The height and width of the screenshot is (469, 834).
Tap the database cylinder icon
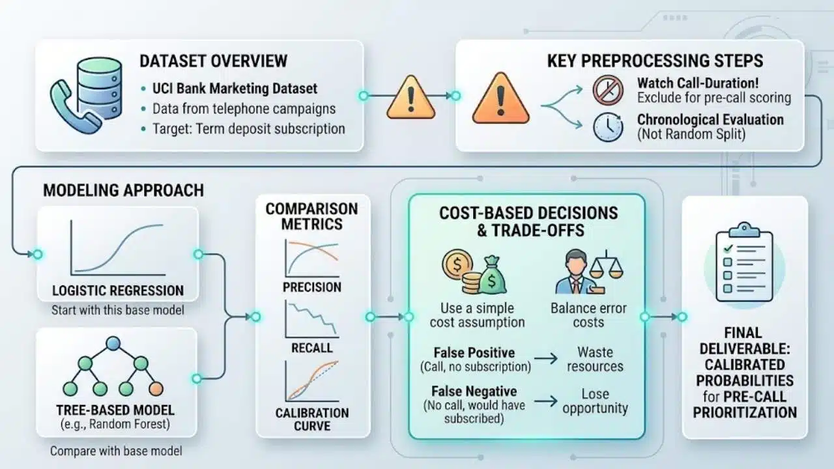(100, 89)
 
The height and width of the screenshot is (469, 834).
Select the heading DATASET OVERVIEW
(213, 61)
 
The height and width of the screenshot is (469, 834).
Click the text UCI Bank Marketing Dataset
(235, 89)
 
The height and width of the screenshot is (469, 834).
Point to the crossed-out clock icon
(608, 90)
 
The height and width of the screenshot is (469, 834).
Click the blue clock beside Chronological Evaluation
(608, 127)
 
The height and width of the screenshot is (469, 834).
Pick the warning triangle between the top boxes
(410, 97)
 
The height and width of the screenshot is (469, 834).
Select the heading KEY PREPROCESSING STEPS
(655, 61)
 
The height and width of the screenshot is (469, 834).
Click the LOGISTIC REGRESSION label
(118, 291)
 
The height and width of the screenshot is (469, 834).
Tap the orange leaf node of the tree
(156, 389)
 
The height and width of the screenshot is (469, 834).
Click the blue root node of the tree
(113, 343)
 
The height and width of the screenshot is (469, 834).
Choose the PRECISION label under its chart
(312, 287)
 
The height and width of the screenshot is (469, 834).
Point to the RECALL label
(312, 348)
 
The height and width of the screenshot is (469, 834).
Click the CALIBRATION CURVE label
(312, 419)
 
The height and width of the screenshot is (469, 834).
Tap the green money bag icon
(492, 275)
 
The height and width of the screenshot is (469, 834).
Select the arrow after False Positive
(546, 358)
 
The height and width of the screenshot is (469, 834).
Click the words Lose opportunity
(595, 401)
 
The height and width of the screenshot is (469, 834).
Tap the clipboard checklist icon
(744, 263)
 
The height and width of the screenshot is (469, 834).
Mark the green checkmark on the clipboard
(728, 248)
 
